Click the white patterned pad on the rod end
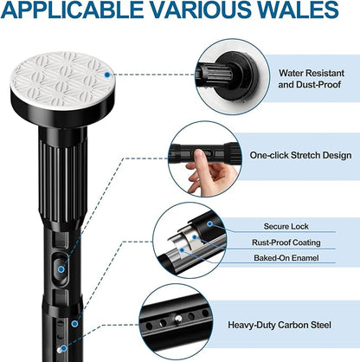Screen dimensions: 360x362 pos(63,80)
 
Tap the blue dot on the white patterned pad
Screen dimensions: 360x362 pos(107,74)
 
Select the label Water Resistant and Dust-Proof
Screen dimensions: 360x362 pos(311,79)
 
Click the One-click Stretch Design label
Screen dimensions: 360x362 pos(300,155)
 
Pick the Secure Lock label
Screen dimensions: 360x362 pos(286,226)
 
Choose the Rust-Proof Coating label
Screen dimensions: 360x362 pos(286,242)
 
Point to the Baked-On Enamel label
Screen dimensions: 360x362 pos(286,257)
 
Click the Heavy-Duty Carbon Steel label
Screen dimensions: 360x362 pos(280,325)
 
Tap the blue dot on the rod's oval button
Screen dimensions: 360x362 pos(61,269)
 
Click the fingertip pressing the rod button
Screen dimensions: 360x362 pos(201,154)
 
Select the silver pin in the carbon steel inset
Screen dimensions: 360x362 pos(178,319)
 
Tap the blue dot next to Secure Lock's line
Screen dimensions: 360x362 pos(210,223)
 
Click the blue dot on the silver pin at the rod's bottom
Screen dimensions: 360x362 pos(64,348)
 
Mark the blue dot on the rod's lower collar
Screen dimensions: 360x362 pos(74,324)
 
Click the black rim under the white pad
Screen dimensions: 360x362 pos(63,114)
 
